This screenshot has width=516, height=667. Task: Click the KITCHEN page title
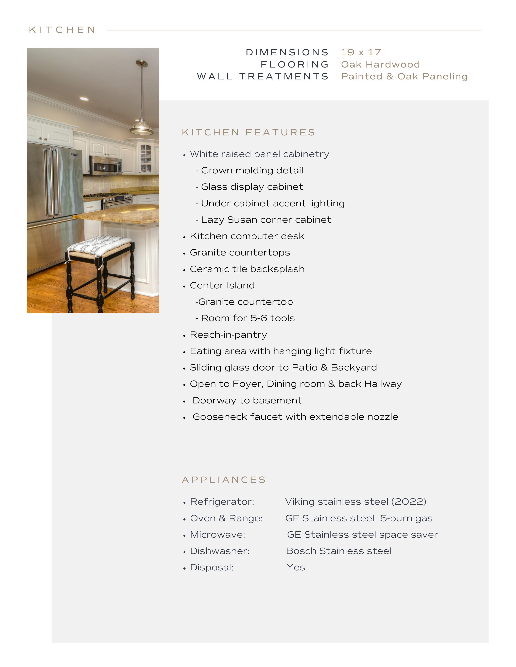pos(62,30)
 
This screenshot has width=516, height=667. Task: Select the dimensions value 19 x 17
pos(361,53)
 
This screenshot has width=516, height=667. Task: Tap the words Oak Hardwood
pos(380,64)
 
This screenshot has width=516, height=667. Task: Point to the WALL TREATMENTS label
pos(263,76)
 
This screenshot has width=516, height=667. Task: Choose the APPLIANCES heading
pos(224,480)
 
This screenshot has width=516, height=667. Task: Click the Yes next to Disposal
pos(296,567)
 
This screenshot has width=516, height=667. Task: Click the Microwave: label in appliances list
pos(217,535)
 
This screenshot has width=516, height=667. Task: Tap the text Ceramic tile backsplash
pos(247,269)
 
